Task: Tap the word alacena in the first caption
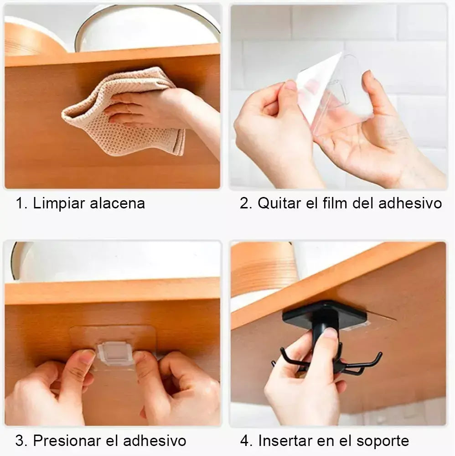click(117, 203)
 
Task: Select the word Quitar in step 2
click(279, 203)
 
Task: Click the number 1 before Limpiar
click(19, 203)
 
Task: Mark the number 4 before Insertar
click(244, 440)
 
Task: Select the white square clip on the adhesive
click(116, 353)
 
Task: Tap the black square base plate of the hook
click(324, 316)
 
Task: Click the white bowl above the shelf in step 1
click(147, 28)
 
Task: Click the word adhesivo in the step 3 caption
click(155, 440)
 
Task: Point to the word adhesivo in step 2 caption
click(410, 203)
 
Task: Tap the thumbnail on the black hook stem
click(330, 332)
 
